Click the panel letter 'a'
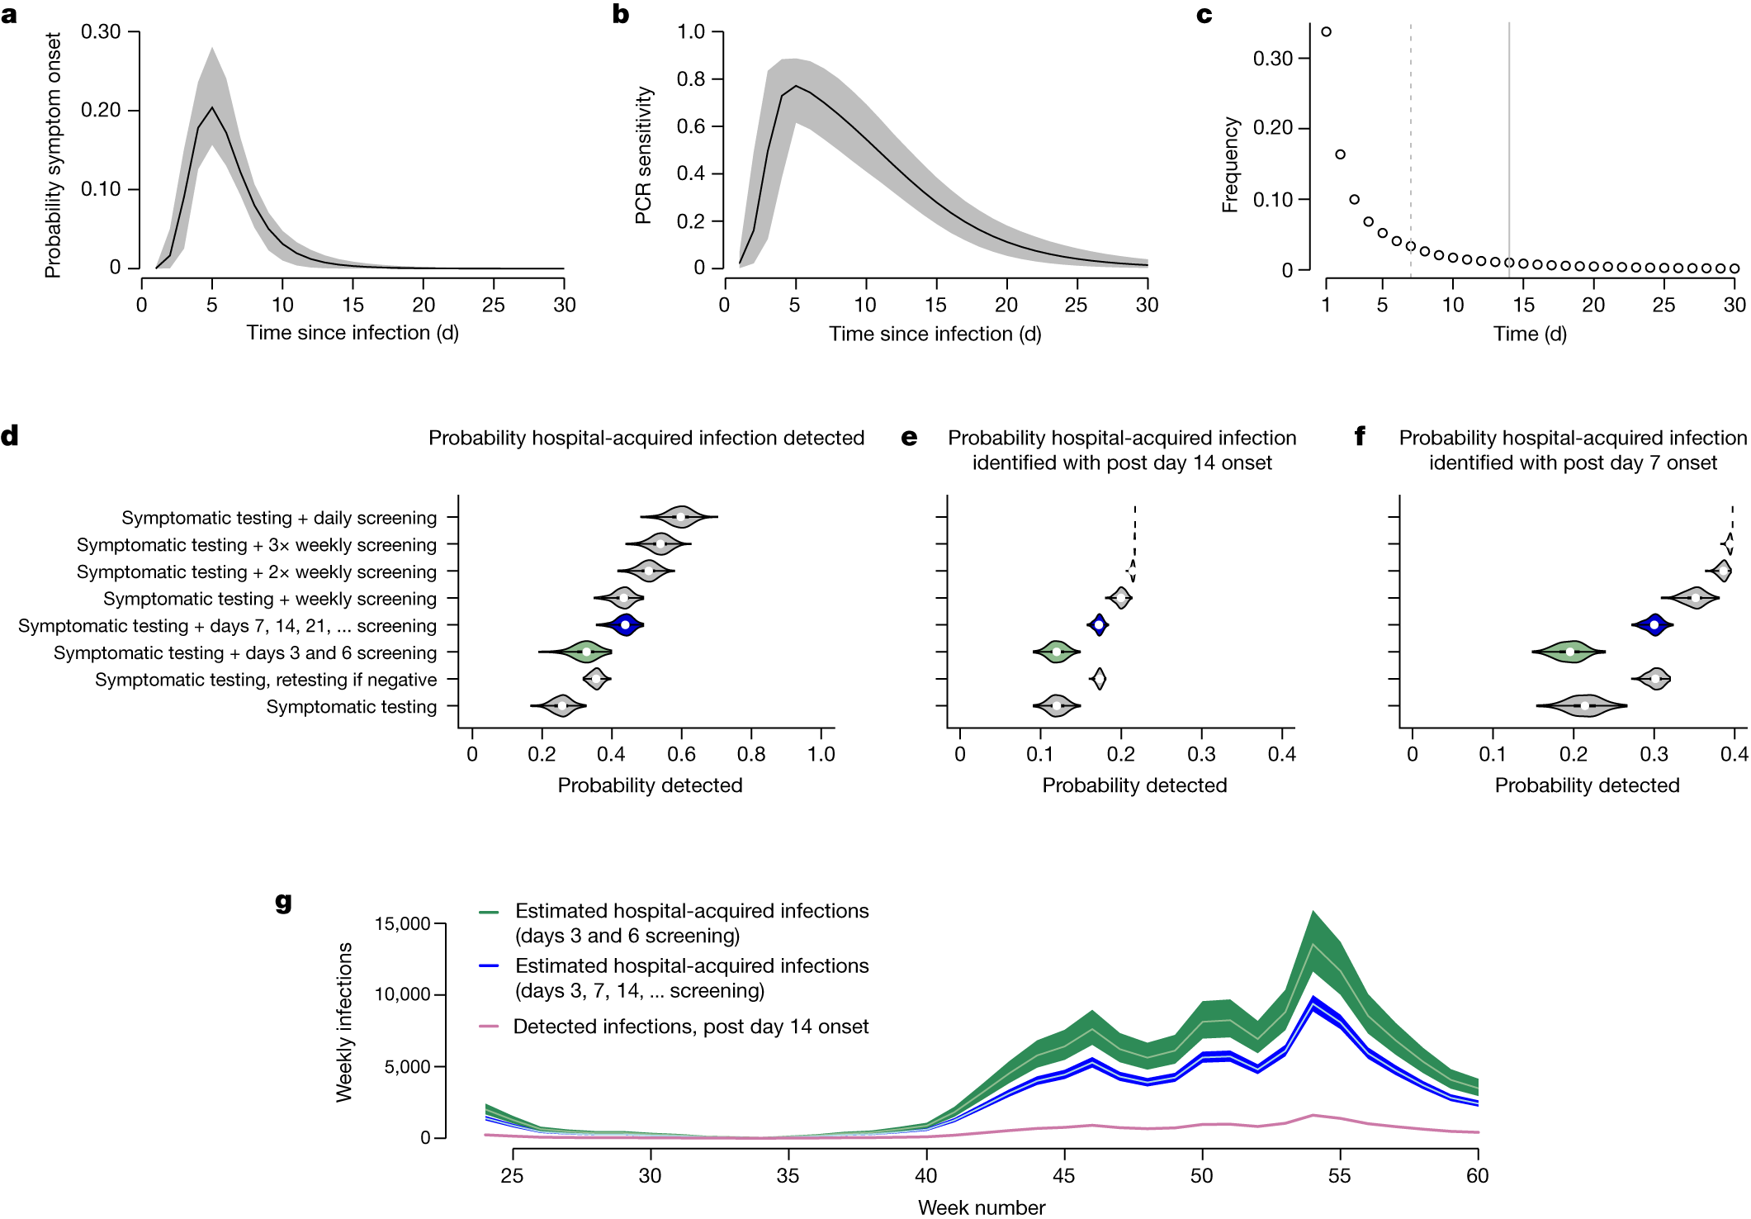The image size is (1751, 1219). click(9, 15)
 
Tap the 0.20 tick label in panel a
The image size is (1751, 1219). click(101, 111)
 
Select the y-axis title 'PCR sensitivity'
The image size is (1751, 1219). click(643, 155)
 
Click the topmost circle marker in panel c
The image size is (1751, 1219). click(1326, 32)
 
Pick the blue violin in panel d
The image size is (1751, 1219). click(625, 625)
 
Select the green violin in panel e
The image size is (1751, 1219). click(1057, 652)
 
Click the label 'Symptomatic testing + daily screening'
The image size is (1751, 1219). click(279, 518)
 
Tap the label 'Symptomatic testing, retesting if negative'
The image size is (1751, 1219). click(266, 680)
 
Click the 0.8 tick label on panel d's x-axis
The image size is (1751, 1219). click(751, 754)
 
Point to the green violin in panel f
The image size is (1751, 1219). click(1569, 652)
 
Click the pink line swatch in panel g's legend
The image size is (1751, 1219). click(489, 1027)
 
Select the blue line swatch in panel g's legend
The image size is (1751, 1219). click(489, 966)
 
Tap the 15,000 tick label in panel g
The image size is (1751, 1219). click(403, 923)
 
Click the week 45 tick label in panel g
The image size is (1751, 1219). click(1064, 1176)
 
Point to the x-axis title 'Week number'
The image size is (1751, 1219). click(982, 1207)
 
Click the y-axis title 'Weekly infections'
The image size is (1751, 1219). click(344, 1022)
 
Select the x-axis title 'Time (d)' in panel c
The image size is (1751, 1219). click(1530, 334)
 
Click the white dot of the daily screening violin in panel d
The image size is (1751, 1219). click(680, 517)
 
